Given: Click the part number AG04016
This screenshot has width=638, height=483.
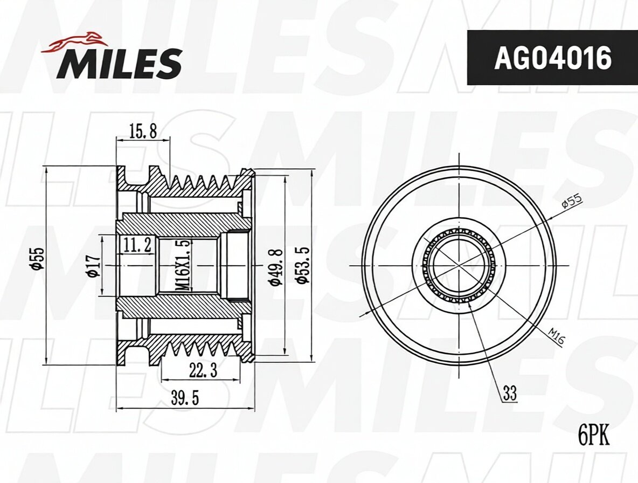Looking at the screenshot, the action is point(552,57).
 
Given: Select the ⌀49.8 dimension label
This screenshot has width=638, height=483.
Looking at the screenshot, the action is point(277,266).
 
